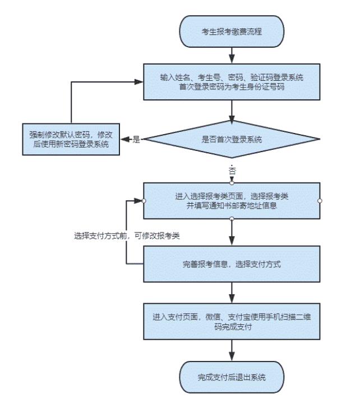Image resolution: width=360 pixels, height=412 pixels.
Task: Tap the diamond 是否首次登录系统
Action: point(232,139)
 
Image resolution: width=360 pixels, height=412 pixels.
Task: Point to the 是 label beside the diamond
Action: point(136,139)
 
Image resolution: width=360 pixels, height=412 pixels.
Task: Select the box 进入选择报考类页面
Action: point(232,201)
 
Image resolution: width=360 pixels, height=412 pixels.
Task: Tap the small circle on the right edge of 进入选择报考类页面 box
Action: point(320,200)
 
